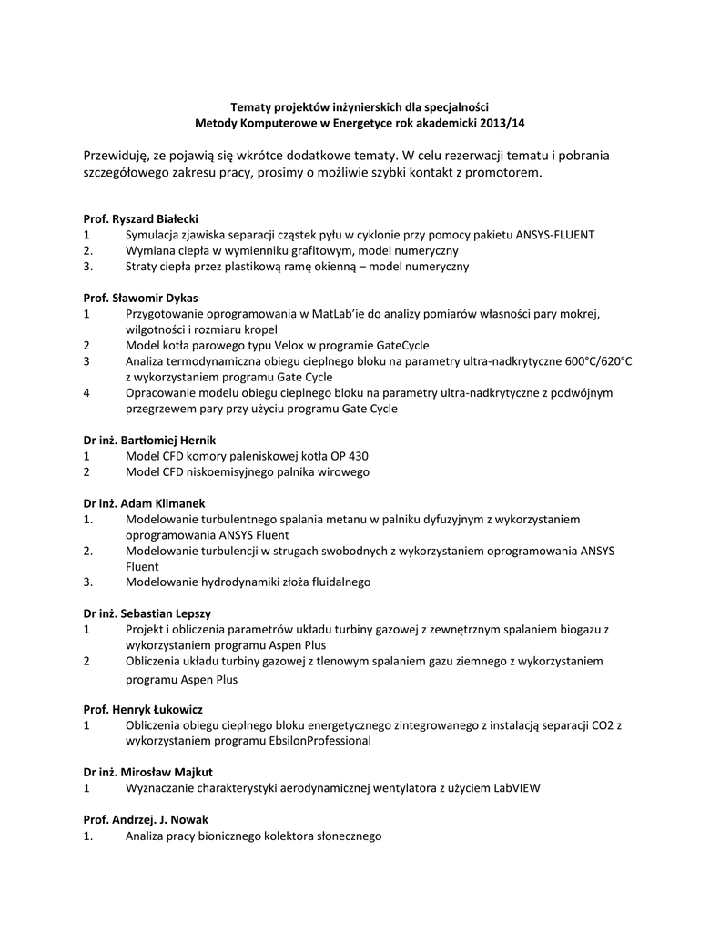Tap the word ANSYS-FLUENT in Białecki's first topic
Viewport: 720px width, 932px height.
[555, 235]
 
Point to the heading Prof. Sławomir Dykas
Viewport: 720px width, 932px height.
[141, 298]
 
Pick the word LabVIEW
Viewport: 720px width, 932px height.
[517, 788]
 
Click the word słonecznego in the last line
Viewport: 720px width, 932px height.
[349, 836]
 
